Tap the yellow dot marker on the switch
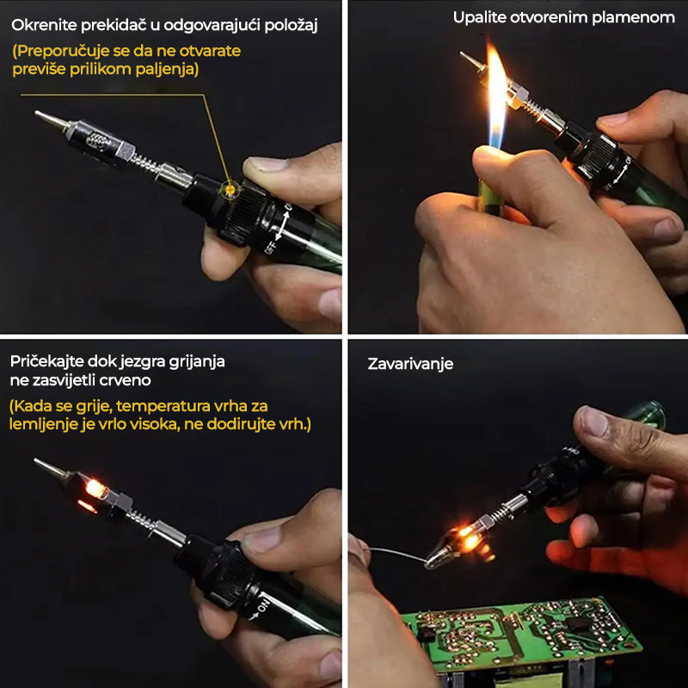point(230,189)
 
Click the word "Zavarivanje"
point(410,364)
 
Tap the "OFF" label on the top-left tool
point(270,248)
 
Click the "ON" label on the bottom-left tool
point(262,607)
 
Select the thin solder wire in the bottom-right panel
point(396,554)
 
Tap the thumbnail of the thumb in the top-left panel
point(265,163)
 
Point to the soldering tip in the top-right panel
point(471,61)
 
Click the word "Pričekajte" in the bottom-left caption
point(46,361)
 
